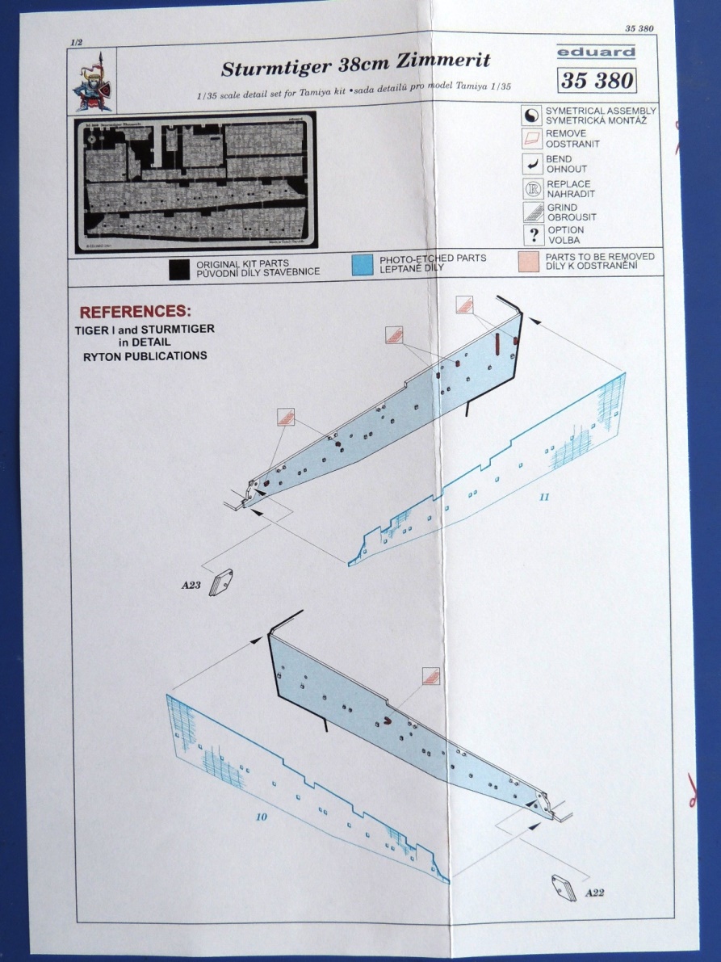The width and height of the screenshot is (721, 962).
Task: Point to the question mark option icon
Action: point(532,235)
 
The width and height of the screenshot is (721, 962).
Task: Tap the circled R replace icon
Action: point(532,189)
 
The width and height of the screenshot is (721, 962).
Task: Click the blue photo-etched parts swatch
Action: point(362,263)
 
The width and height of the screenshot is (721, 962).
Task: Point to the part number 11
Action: point(544,497)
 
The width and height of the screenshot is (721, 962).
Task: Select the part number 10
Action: point(261,817)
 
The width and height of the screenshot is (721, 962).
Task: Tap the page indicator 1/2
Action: point(77,40)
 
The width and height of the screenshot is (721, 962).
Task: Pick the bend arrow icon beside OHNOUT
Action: point(532,164)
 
